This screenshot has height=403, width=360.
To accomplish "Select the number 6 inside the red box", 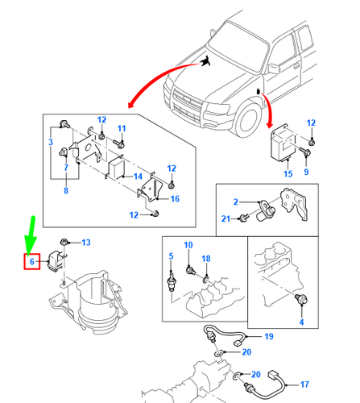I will [31, 262].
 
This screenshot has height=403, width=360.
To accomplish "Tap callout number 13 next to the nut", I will [86, 242].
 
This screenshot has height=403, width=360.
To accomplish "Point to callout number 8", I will [66, 192].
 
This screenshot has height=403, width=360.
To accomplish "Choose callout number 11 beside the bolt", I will [122, 129].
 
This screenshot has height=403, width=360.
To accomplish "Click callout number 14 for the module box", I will [138, 176].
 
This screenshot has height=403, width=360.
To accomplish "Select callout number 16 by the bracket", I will [175, 198].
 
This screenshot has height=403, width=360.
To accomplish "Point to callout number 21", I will [226, 219].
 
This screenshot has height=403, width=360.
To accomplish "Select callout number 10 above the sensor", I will [188, 245].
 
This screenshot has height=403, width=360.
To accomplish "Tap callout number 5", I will [171, 256].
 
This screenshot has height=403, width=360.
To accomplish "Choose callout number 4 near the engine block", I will [302, 322].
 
